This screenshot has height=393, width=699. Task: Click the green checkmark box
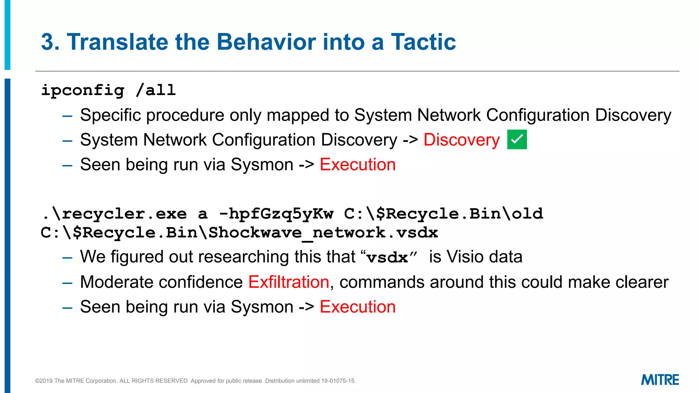click(517, 140)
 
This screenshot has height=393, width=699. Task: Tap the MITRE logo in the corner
click(660, 380)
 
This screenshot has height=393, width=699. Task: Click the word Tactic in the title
click(423, 42)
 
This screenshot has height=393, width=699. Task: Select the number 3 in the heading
click(47, 42)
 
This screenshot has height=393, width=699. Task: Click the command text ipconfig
click(83, 90)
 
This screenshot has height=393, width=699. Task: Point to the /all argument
click(156, 90)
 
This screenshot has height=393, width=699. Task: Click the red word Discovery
click(461, 140)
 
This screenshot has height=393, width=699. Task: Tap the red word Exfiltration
click(288, 282)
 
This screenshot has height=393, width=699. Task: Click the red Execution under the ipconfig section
click(357, 165)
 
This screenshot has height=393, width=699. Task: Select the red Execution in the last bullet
click(357, 307)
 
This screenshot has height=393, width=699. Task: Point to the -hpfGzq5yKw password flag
click(276, 214)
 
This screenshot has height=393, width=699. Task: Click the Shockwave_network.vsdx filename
click(323, 233)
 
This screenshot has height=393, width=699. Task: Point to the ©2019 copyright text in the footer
click(44, 381)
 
